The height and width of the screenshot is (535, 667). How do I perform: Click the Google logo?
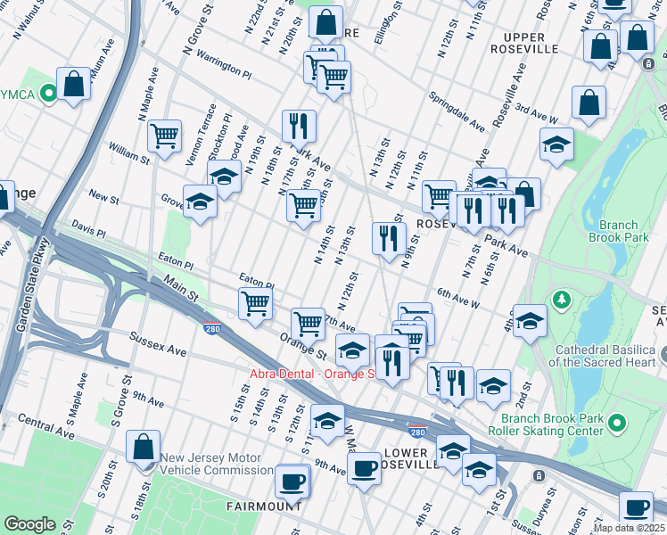[30, 524]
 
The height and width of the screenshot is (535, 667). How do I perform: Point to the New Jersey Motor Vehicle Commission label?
[217, 464]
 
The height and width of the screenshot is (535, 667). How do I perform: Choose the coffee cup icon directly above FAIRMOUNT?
[292, 481]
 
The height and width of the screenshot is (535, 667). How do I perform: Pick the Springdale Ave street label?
[456, 110]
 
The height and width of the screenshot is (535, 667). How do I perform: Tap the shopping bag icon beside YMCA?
[74, 85]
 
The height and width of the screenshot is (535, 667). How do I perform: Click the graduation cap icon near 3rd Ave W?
[556, 145]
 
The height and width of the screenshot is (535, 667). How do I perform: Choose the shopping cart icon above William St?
[164, 136]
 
